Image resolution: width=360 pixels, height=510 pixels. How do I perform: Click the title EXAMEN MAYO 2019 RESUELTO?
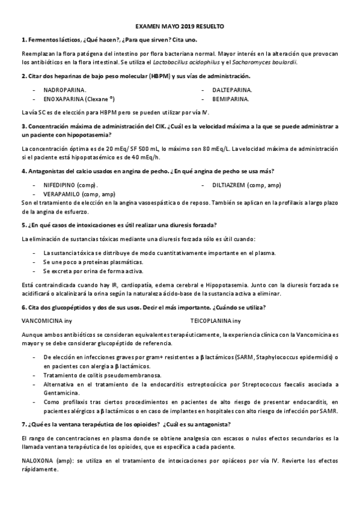click(180, 27)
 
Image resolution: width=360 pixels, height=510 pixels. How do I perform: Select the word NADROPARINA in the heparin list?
click(65, 89)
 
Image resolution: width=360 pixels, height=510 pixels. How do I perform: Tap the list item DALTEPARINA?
click(232, 89)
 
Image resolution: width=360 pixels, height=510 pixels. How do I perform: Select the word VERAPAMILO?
click(63, 194)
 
